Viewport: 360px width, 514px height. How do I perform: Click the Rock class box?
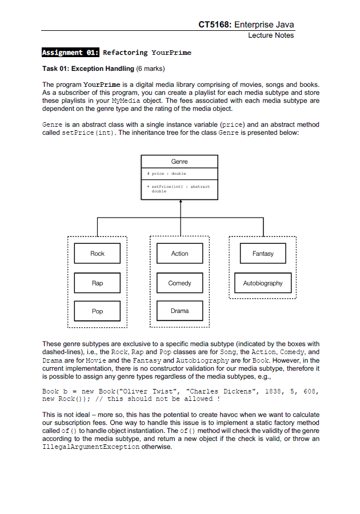tap(97, 254)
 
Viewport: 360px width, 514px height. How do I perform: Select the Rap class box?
tap(97, 283)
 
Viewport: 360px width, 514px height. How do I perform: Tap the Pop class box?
tap(97, 311)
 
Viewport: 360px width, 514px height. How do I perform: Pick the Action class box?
tap(179, 254)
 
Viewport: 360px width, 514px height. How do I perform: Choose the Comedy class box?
tap(179, 283)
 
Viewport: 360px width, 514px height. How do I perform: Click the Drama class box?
tap(179, 311)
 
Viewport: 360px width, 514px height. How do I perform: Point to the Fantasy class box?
tap(263, 254)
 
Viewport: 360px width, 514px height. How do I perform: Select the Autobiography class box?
tap(263, 283)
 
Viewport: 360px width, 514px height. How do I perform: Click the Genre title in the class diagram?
tap(179, 162)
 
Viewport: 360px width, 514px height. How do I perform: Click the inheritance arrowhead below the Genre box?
tap(181, 202)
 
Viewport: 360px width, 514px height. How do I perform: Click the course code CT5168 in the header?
tap(214, 25)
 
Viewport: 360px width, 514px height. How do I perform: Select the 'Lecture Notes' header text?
tap(271, 35)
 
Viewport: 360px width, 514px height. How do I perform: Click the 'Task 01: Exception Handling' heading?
tap(87, 69)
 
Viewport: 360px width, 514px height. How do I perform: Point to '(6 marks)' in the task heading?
tap(150, 69)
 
